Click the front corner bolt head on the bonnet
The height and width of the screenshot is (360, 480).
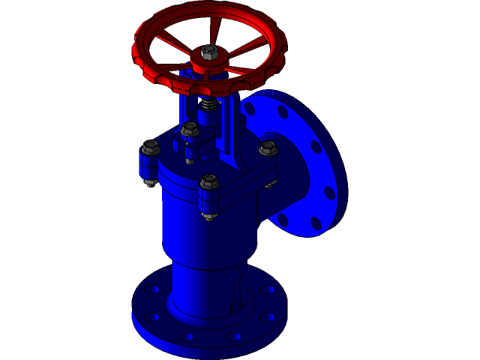209,181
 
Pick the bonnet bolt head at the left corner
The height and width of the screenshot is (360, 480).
150,147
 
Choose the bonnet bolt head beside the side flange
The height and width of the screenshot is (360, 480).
268,148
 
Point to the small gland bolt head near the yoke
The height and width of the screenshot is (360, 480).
190,129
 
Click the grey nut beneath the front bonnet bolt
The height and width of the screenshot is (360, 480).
210,216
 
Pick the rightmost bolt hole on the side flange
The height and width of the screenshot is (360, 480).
331,193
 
